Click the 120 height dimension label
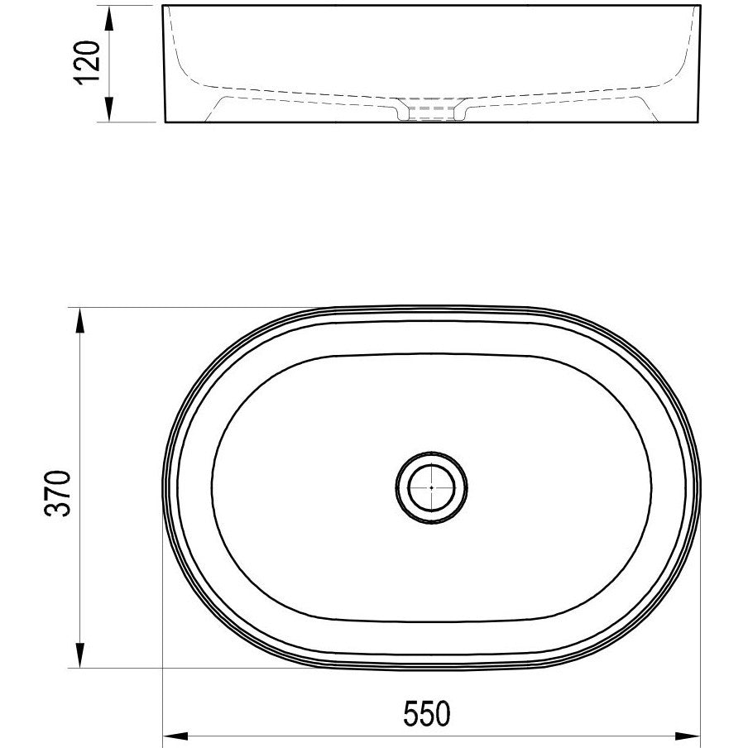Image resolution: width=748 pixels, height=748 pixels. pyautogui.click(x=87, y=63)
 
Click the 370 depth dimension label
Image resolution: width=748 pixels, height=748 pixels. pyautogui.click(x=58, y=493)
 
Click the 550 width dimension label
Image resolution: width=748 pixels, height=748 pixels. pyautogui.click(x=427, y=713)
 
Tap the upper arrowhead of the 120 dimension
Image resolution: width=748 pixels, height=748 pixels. pyautogui.click(x=109, y=20)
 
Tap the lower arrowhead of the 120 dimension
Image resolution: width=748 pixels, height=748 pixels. pyautogui.click(x=109, y=108)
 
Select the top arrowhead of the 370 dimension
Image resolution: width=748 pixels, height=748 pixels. pyautogui.click(x=80, y=320)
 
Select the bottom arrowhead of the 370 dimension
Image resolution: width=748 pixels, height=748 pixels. pyautogui.click(x=80, y=655)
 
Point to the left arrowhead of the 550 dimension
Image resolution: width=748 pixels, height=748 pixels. pyautogui.click(x=176, y=736)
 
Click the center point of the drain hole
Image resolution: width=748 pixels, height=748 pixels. pyautogui.click(x=431, y=487)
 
